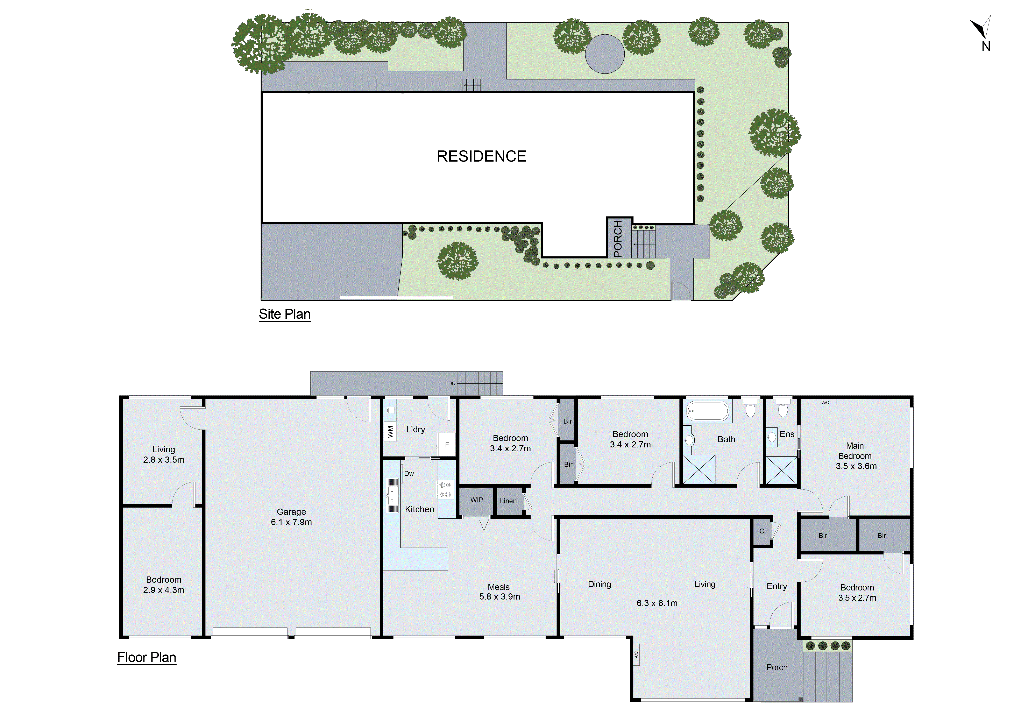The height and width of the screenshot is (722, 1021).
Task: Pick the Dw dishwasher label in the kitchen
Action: [409, 474]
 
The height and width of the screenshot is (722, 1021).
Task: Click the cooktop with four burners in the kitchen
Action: [445, 489]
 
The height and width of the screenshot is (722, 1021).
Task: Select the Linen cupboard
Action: [508, 501]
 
